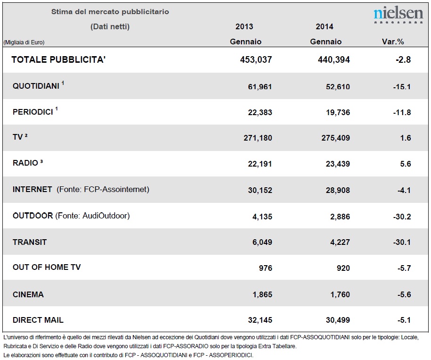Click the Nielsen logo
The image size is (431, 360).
[398, 15]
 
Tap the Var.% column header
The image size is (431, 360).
[393, 42]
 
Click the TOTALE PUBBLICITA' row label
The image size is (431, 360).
[58, 59]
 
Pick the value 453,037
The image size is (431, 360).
[256, 59]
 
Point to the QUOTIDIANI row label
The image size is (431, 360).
[36, 86]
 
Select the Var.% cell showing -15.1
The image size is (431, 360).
[402, 87]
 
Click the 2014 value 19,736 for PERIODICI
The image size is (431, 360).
[338, 112]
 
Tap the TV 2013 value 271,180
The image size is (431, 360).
[258, 138]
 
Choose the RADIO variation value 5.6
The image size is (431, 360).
[406, 164]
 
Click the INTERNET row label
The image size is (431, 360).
[33, 190]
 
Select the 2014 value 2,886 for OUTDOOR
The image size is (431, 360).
[340, 217]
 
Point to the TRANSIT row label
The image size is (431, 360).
[30, 243]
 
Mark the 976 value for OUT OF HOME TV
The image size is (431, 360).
[265, 268]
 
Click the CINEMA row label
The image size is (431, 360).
[28, 294]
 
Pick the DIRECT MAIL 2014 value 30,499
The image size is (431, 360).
[338, 320]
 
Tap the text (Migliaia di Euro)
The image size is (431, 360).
[24, 42]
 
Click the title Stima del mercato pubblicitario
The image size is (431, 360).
[110, 12]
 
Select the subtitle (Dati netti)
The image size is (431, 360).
[110, 27]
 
